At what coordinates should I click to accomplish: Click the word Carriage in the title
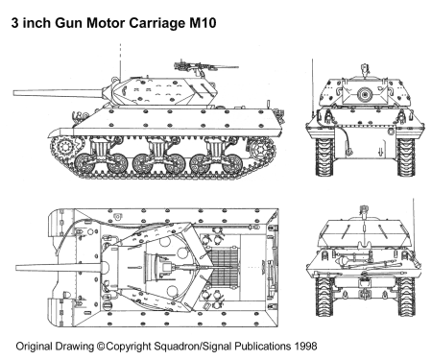(x=156, y=24)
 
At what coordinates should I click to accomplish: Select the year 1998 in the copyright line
(x=305, y=346)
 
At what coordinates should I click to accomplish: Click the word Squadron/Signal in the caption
(x=193, y=347)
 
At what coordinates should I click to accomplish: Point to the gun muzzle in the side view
(x=14, y=93)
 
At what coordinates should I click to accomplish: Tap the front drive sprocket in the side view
(x=66, y=148)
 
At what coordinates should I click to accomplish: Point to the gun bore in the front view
(x=364, y=94)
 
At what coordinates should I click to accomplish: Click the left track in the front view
(x=324, y=156)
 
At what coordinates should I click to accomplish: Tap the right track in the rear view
(x=406, y=297)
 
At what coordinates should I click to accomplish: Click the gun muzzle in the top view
(x=17, y=268)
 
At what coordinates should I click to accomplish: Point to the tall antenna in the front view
(x=312, y=86)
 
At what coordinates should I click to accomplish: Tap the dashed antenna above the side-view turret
(x=120, y=60)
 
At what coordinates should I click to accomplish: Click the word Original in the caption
(x=35, y=347)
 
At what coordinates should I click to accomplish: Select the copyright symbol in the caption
(x=101, y=347)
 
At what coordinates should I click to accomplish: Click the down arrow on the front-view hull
(x=380, y=152)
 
